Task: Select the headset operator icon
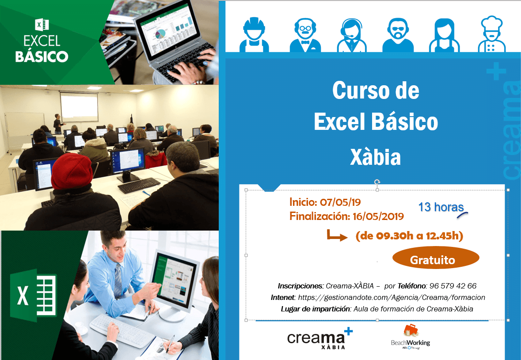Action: tap(352, 34)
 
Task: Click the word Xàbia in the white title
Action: tap(375, 157)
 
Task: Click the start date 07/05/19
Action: tap(340, 202)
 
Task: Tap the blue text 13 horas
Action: tap(441, 207)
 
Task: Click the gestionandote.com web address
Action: tap(392, 297)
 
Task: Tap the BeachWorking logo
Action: tap(410, 337)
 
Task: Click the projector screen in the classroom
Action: tap(79, 106)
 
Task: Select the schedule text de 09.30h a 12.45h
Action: tap(409, 236)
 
